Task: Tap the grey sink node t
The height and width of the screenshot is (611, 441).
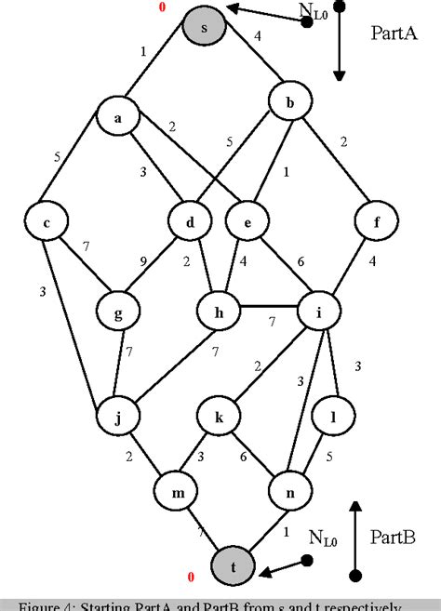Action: point(234,565)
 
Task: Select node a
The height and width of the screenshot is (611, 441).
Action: point(118,118)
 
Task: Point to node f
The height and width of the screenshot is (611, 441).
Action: point(375,221)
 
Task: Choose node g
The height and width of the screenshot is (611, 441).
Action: point(118,313)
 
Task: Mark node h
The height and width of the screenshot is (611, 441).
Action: point(220,313)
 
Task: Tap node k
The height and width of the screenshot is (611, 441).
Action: point(220,418)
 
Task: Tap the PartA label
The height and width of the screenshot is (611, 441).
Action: point(396,34)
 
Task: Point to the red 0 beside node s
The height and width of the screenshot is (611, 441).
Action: point(163,7)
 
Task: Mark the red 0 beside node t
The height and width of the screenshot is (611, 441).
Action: point(191,578)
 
